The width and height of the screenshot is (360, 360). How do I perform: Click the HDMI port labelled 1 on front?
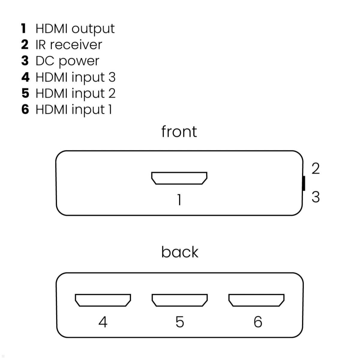[179, 178]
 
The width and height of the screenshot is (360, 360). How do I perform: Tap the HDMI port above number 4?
[103, 300]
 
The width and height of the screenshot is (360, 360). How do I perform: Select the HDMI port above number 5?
[179, 300]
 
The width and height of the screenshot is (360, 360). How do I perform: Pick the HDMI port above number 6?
[256, 300]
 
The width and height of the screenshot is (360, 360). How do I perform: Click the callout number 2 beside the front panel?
[315, 169]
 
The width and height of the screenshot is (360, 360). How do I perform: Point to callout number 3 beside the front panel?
[315, 197]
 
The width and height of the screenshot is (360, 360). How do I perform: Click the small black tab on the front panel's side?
[304, 183]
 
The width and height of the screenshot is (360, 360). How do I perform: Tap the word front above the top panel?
[179, 132]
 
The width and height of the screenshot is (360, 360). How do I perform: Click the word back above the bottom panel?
[179, 252]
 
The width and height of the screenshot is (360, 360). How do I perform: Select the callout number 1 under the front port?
[179, 200]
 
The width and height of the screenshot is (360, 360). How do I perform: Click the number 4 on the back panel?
[103, 322]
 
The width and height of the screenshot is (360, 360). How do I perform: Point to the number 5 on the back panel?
[179, 322]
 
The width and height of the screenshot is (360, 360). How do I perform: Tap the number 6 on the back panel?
[258, 322]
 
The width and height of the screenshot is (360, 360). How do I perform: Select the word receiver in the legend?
[76, 45]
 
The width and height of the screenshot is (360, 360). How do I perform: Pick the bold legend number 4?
[25, 77]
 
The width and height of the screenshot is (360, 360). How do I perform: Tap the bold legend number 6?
[25, 109]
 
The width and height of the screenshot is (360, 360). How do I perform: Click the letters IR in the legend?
[40, 45]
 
